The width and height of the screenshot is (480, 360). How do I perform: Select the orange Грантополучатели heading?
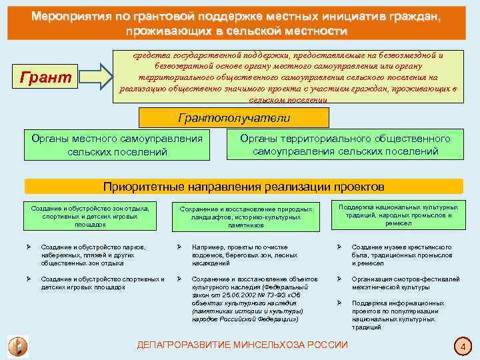(233, 118)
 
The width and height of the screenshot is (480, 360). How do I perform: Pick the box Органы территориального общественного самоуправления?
(345, 145)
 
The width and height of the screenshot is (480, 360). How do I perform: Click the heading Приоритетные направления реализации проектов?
(243, 186)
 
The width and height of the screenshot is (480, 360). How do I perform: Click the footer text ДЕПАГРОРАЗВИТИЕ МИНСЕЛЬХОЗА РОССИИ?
(242, 345)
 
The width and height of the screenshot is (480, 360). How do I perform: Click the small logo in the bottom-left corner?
(17, 346)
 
